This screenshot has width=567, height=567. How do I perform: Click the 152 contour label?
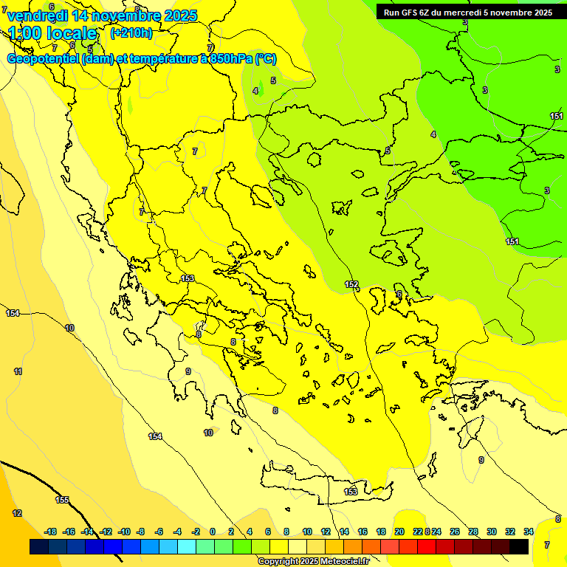pos(351,284)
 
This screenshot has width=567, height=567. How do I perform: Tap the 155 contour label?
pos(63,500)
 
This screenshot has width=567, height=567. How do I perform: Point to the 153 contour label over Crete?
pos(351,492)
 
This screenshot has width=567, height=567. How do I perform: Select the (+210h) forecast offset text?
pos(131,32)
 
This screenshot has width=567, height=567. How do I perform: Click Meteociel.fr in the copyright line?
pos(343,562)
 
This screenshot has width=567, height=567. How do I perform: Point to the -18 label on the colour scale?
pos(50,532)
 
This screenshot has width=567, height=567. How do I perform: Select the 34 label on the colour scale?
pos(529,532)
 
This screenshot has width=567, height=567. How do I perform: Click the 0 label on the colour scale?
pos(213,532)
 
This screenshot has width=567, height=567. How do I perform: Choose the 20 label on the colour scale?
pos(399,532)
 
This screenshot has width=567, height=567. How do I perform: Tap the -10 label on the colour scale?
pos(124,532)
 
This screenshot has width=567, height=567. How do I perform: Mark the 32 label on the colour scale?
pos(510,532)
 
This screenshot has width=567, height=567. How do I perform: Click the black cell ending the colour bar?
pos(519,546)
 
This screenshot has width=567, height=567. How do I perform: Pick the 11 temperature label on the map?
pos(18,371)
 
